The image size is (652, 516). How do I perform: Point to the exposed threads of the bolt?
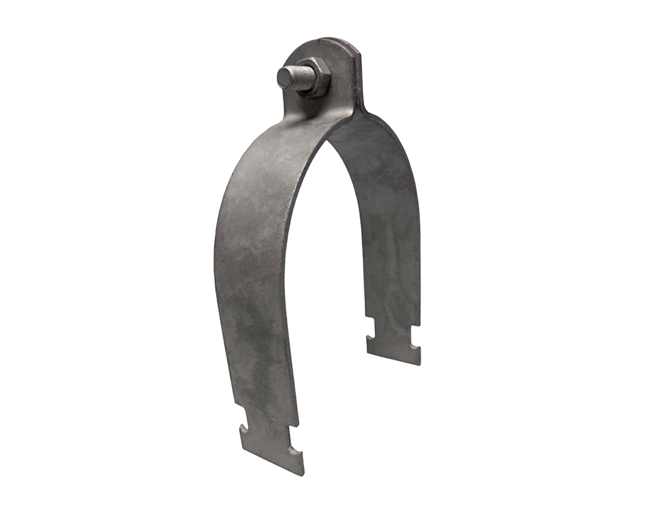pyautogui.click(x=299, y=78)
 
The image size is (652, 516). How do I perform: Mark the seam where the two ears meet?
pyautogui.click(x=359, y=78)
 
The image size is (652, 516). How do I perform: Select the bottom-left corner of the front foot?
pyautogui.click(x=241, y=449)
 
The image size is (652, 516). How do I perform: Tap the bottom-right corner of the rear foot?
pyautogui.click(x=419, y=364)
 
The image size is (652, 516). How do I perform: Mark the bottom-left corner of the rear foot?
pyautogui.click(x=368, y=354)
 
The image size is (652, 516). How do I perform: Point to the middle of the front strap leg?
pyautogui.click(x=251, y=269)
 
